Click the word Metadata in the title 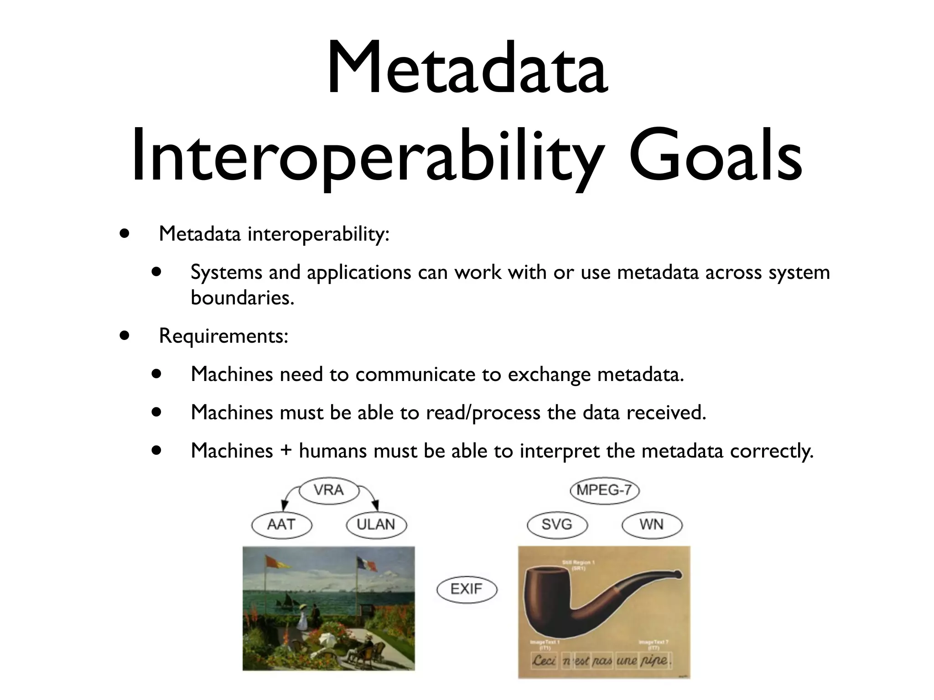[467, 68]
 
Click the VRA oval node [328, 490]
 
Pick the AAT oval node [281, 525]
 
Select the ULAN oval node [376, 525]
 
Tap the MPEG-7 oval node [604, 490]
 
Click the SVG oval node [557, 525]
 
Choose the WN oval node [651, 525]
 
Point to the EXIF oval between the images [466, 589]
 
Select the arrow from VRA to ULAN [370, 497]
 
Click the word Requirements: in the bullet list [223, 336]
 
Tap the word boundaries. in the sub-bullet [242, 298]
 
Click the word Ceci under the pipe [544, 660]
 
